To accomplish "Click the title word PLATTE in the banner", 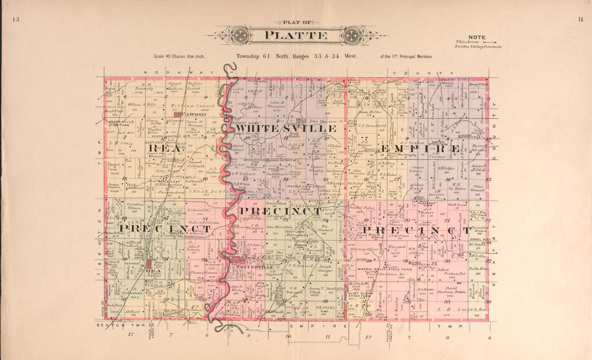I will pos(295,36).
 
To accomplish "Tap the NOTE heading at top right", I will pos(476,37).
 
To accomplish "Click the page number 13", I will pos(16,20).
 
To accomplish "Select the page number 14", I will pos(580,20).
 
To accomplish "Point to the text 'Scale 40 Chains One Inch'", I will pos(179,56).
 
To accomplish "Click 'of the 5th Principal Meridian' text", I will pos(406,56).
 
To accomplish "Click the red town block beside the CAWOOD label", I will pos(177,115).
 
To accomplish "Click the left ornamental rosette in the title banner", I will pos(238,36).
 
